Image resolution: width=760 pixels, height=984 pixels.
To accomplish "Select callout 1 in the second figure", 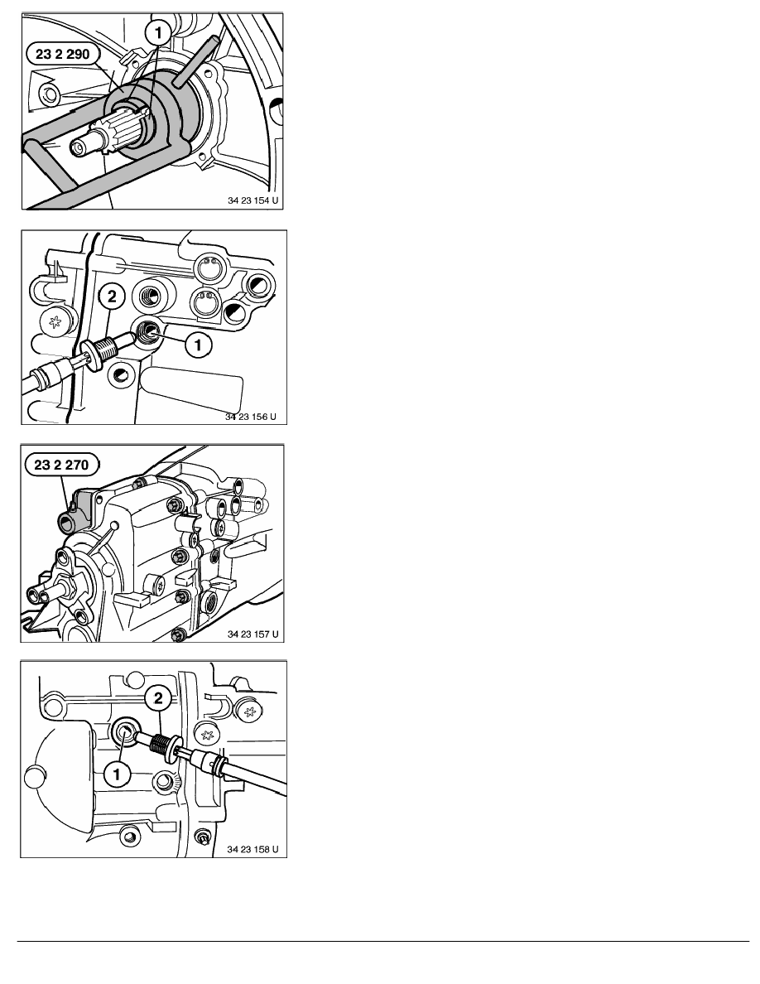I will (x=199, y=342).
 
